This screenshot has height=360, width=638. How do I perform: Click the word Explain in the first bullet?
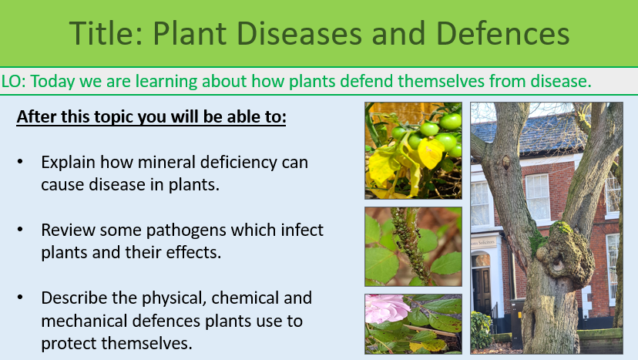pos(68,163)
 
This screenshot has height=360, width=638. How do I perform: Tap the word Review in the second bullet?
pos(66,230)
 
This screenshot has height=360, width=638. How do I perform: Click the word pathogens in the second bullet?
pos(176,230)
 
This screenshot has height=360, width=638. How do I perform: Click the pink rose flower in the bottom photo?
pos(383,309)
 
